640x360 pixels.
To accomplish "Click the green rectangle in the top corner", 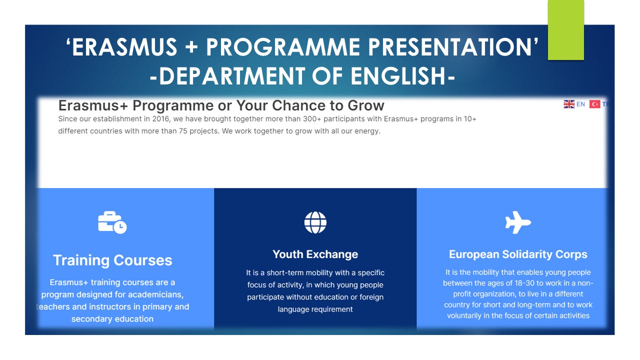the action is pyautogui.click(x=565, y=30).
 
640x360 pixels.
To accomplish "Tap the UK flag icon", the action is pyautogui.click(x=569, y=104).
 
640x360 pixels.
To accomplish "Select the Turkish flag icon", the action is pyautogui.click(x=594, y=104).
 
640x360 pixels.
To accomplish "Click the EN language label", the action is pyautogui.click(x=580, y=104).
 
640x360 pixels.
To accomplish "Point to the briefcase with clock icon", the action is pyautogui.click(x=112, y=222).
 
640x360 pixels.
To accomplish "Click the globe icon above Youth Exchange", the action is pyautogui.click(x=315, y=222).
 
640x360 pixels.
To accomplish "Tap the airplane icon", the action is pyautogui.click(x=518, y=222).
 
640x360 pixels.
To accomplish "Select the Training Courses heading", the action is pyautogui.click(x=112, y=260).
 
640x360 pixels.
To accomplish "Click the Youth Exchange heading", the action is pyautogui.click(x=315, y=254).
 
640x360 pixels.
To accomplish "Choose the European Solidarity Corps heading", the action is pyautogui.click(x=518, y=254).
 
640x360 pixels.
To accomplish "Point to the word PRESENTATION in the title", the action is pyautogui.click(x=449, y=47).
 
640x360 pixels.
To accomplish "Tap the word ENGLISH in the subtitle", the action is pyautogui.click(x=398, y=76).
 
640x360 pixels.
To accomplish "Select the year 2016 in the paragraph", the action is pyautogui.click(x=161, y=119).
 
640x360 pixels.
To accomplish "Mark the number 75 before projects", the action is pyautogui.click(x=183, y=131).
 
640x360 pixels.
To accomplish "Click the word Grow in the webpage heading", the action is pyautogui.click(x=366, y=105).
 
